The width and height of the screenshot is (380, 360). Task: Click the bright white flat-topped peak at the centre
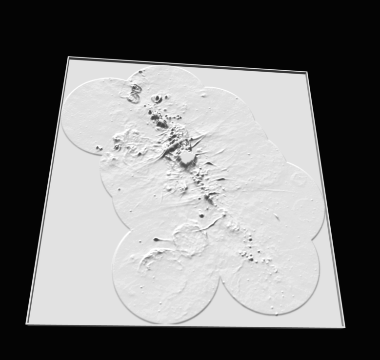[187, 158]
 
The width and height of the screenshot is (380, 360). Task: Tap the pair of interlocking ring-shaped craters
[134, 93]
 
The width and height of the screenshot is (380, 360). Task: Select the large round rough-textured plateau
[190, 240]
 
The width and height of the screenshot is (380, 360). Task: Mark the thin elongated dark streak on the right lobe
[276, 218]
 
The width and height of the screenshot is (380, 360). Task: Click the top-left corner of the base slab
[69, 58]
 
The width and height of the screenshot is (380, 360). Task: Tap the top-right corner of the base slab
[306, 73]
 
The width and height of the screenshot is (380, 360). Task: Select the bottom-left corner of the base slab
[27, 323]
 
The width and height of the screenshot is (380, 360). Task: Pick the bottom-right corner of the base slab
[344, 327]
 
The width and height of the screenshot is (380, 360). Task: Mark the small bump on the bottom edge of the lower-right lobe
[277, 314]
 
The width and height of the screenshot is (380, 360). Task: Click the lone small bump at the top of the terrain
[140, 72]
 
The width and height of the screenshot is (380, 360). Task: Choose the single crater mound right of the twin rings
[157, 99]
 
